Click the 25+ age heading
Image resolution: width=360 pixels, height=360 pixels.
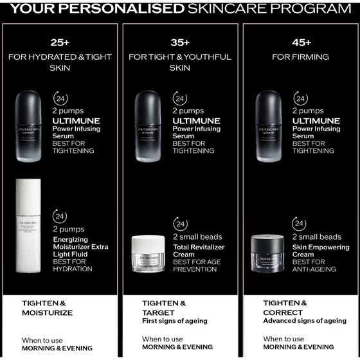point(60,42)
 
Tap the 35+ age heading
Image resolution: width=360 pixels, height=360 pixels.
point(180,42)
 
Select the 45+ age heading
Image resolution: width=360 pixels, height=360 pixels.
point(301,42)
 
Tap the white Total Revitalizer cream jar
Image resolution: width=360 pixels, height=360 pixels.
point(148,254)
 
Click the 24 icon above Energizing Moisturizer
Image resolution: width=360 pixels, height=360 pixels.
point(60,217)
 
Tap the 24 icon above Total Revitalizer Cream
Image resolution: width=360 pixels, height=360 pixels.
point(181,224)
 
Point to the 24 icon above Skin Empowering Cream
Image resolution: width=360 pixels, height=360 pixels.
point(299,224)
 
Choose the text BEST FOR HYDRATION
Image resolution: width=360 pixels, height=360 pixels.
point(73,265)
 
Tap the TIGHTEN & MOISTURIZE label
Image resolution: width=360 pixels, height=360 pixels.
point(47,308)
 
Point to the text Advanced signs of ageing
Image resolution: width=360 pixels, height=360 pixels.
point(305,321)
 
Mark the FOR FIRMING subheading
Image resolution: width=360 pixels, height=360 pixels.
point(300,57)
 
